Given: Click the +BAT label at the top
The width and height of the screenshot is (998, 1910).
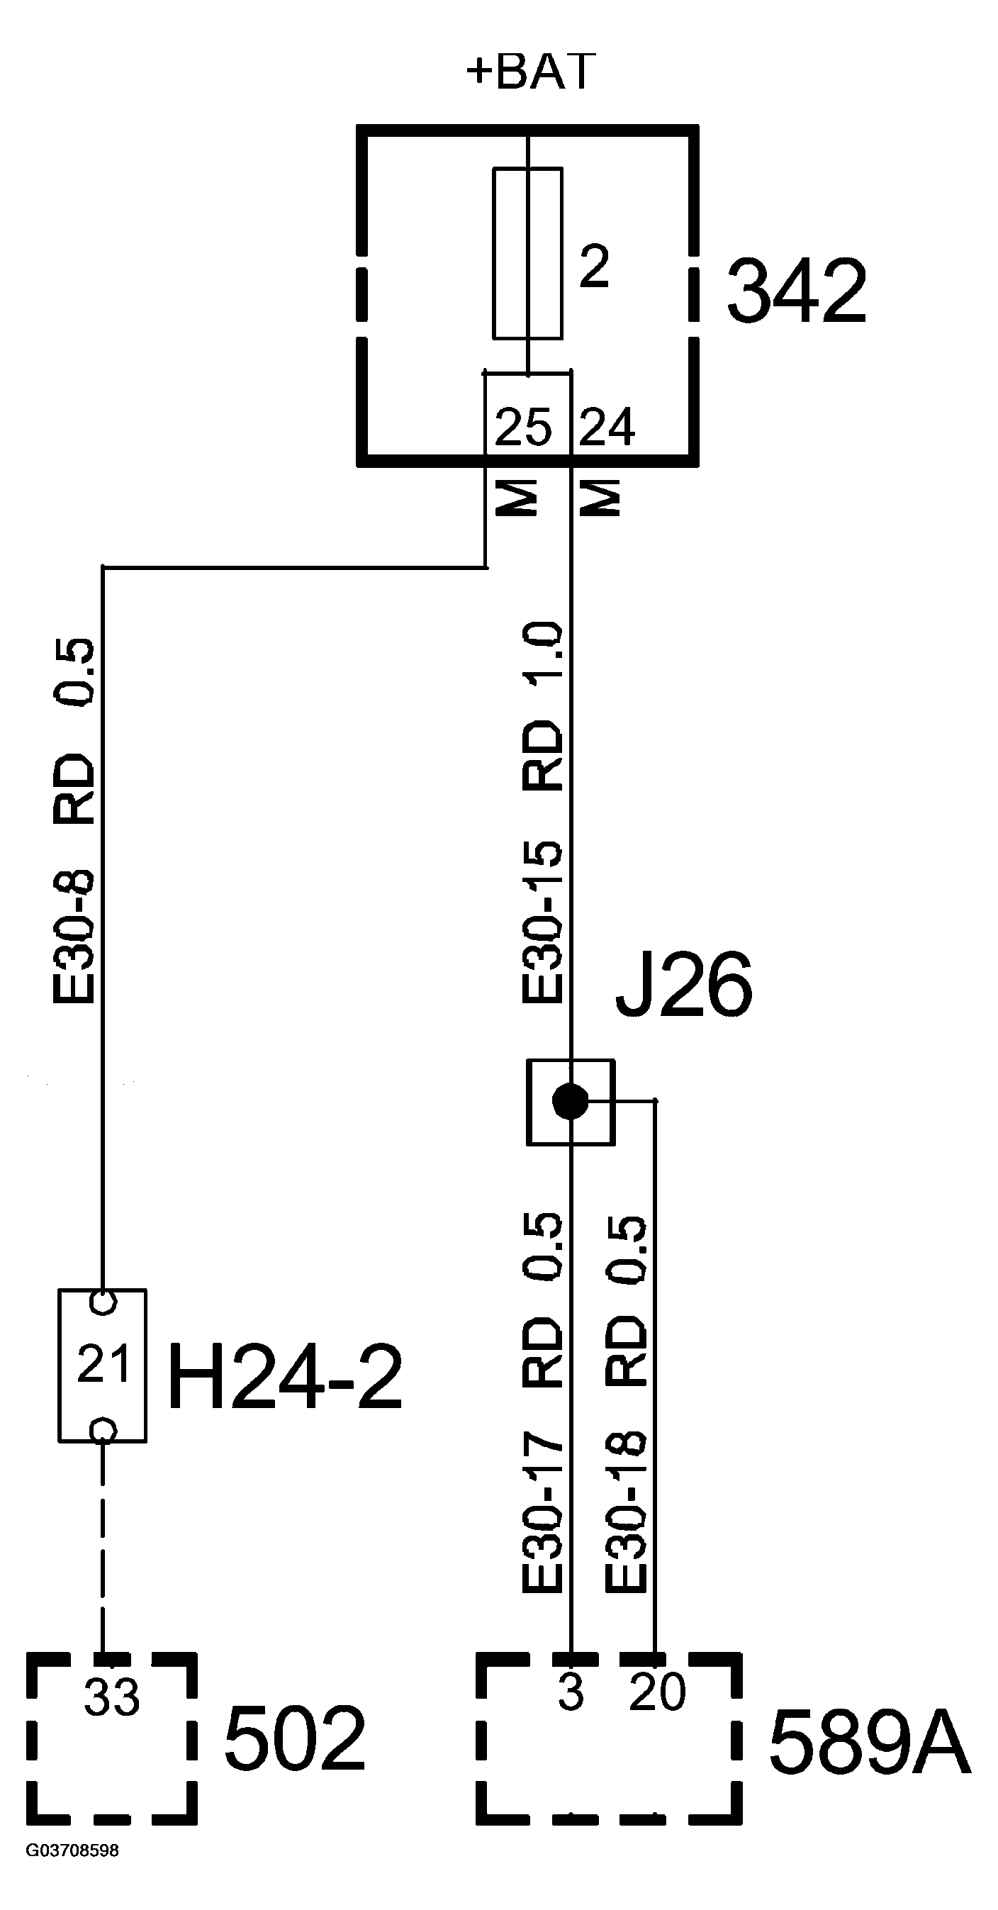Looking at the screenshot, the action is (531, 72).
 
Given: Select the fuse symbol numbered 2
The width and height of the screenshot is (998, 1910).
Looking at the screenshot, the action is (527, 253).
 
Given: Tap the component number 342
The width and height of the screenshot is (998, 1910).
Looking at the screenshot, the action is (796, 291).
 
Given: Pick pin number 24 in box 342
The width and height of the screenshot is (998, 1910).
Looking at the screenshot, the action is (607, 427).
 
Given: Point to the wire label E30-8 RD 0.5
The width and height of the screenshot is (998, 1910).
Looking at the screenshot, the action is (74, 821).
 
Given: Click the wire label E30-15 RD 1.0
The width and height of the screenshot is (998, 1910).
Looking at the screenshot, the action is (543, 812).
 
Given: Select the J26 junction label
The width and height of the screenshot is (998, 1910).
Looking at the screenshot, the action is (683, 985).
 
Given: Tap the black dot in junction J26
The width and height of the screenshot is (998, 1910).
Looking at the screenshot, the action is (570, 1102).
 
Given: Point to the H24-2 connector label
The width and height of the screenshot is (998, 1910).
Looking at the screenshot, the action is (286, 1376).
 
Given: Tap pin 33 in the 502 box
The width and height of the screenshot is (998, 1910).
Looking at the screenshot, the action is (111, 1697).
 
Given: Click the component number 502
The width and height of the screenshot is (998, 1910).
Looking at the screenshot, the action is (294, 1738).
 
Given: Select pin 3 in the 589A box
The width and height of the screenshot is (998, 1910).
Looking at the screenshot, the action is (570, 1692).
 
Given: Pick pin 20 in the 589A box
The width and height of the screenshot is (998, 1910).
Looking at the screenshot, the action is (657, 1692).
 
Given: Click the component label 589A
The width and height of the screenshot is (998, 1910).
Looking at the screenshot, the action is (869, 1743).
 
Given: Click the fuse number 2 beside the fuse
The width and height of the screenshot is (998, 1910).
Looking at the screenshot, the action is (594, 265).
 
